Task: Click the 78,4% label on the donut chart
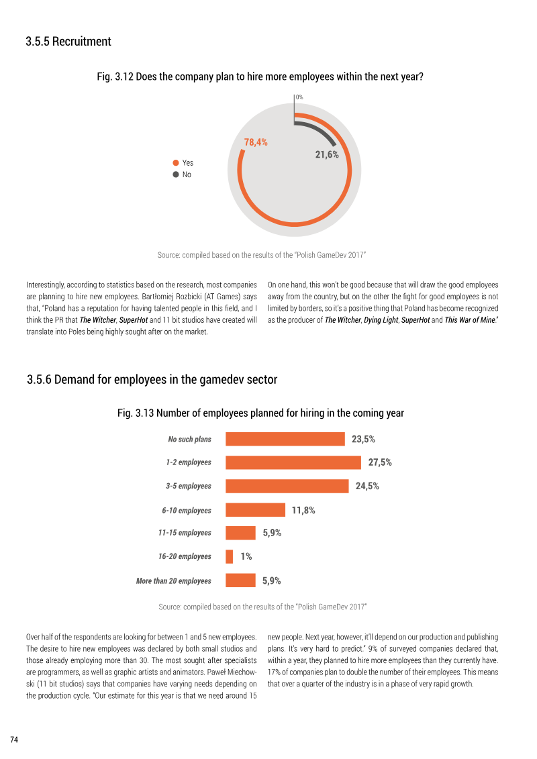pos(256,142)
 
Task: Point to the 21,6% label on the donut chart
pos(327,155)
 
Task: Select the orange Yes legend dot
pos(176,162)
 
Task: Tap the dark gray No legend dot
pos(176,174)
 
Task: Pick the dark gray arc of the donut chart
pos(320,129)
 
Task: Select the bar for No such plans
pos(285,439)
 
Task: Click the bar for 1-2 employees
pos(293,462)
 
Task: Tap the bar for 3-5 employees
pos(287,486)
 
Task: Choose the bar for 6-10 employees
pos(256,510)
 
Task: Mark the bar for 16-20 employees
pos(230,556)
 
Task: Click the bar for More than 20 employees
pos(241,580)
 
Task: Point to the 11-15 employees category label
pos(185,532)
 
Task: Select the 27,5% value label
pos(380,462)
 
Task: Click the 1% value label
pos(246,556)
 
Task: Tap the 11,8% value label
pos(303,510)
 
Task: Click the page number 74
pos(14,740)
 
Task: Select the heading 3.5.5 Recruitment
pos(68,42)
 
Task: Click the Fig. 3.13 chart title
pos(260,413)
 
